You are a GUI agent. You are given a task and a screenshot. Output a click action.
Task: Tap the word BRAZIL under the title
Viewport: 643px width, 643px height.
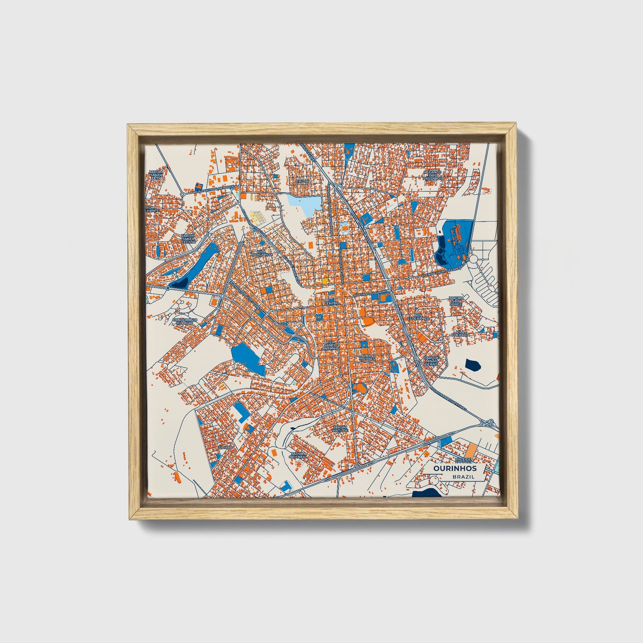point(463,477)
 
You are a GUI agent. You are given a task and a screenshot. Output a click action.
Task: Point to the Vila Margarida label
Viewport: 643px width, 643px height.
point(261,252)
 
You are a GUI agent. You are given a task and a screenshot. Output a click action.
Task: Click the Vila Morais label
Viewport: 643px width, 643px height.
point(368,357)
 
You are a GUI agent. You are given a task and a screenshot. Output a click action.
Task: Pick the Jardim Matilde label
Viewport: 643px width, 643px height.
point(340,429)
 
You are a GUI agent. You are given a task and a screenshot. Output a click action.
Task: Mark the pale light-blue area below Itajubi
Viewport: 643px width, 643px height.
point(304,203)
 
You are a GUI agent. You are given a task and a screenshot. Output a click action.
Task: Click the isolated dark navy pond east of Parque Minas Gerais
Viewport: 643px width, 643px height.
point(472,365)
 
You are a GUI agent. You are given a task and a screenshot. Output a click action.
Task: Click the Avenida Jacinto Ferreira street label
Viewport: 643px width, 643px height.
point(441,269)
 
